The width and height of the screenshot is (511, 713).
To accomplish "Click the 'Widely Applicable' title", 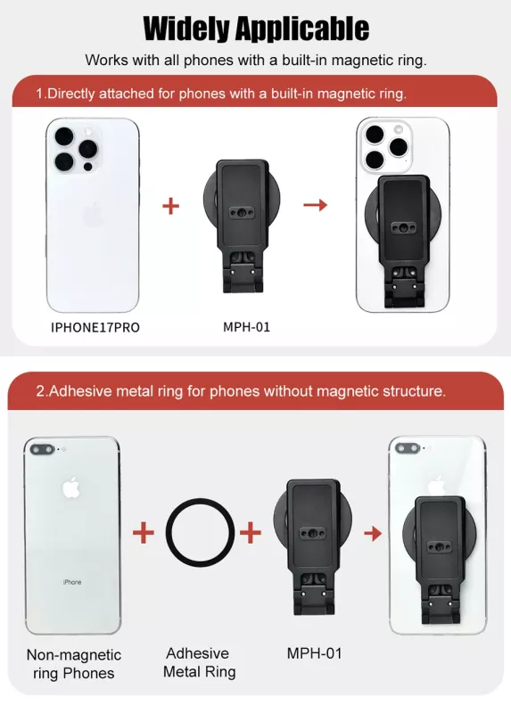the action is point(256,29).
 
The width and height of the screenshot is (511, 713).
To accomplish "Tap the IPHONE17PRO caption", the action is point(95,327).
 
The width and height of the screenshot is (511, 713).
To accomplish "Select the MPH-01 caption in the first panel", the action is point(246,327).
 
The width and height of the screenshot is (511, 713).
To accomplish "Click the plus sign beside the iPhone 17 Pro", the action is point(170,206).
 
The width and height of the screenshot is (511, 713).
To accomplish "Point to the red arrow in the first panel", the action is point(316,205).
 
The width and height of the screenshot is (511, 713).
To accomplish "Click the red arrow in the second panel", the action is point(373,532).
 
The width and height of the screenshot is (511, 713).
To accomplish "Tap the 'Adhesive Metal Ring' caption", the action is point(199,662).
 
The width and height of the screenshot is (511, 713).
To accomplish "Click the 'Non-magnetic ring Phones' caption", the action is point(74,664).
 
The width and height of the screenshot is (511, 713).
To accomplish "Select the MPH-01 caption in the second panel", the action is point(314,653).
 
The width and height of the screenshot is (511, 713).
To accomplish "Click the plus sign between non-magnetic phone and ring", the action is point(144,532).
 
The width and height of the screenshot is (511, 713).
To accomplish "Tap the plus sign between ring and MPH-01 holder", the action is point(251,532).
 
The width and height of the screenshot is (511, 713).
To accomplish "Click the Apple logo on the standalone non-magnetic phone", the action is point(71,488).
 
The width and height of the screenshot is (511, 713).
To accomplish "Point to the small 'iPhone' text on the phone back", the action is point(72,582).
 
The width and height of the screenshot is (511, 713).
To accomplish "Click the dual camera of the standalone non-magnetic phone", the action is point(42,450).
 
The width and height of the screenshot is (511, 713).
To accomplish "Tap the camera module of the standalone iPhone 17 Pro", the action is point(77,149).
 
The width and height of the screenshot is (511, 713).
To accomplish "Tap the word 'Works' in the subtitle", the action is point(106,60).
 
